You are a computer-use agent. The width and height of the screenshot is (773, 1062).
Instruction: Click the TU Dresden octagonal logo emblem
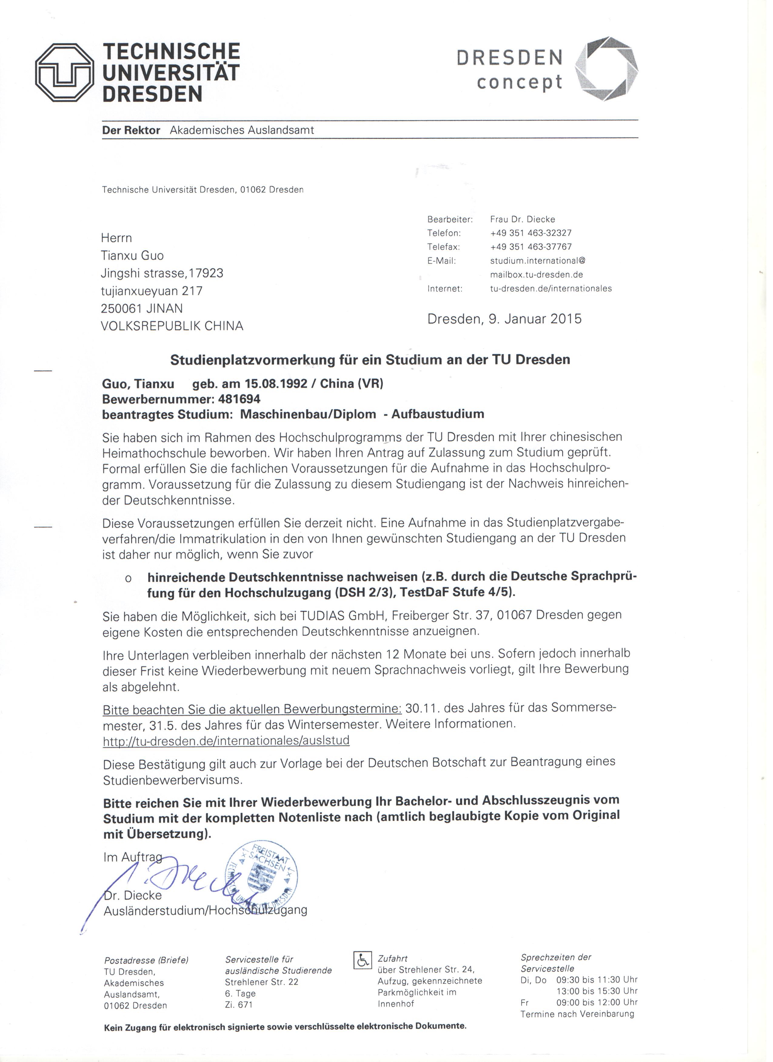65,73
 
